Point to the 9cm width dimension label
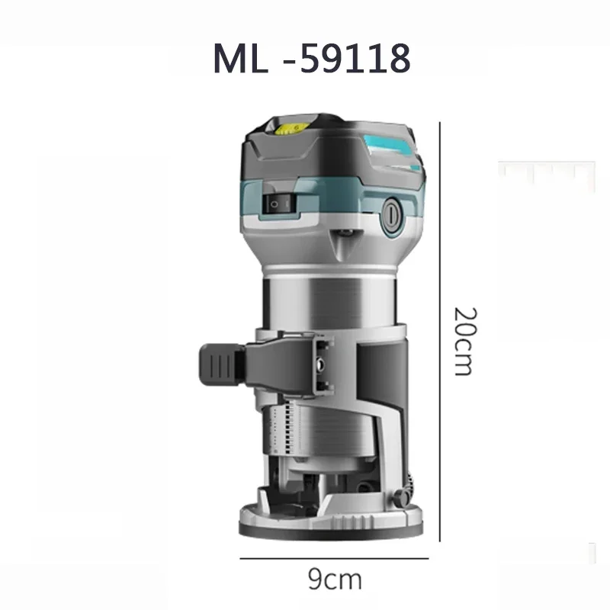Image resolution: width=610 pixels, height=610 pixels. (x=334, y=579)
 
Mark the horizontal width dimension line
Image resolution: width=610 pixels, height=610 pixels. (x=334, y=557)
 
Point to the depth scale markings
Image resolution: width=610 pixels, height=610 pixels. (x=287, y=429)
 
